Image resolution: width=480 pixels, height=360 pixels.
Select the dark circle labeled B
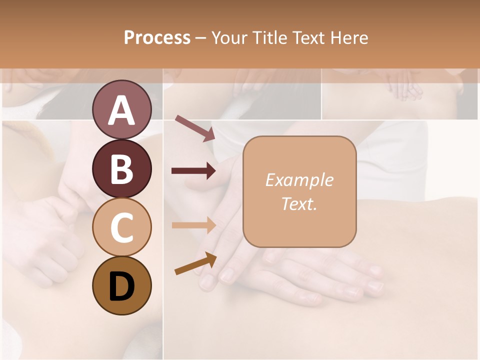tap(122, 168)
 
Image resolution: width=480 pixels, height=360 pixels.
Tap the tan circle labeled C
tap(122, 227)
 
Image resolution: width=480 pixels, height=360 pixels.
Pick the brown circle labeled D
tap(122, 286)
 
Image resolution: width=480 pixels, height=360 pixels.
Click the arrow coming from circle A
tap(195, 128)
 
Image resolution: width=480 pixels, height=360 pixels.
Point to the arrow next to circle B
tap(194, 171)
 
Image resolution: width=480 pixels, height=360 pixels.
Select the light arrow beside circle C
tap(194, 224)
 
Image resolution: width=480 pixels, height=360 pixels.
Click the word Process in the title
tap(157, 37)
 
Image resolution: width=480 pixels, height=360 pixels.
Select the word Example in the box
tap(299, 180)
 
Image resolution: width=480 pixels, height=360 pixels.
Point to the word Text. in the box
tap(299, 203)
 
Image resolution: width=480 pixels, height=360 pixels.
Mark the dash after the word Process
tap(201, 38)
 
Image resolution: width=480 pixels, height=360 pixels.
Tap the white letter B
tap(122, 169)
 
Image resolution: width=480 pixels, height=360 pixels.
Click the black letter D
tap(122, 286)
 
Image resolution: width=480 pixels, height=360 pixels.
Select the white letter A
tap(122, 110)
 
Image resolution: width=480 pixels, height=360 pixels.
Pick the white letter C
tap(122, 228)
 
